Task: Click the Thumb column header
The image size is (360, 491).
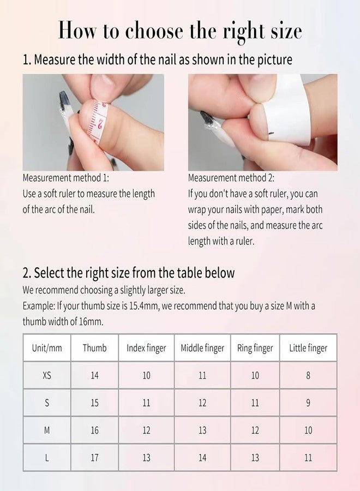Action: tap(94, 348)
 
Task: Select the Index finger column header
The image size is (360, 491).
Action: tap(146, 348)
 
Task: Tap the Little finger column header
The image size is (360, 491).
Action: tap(308, 348)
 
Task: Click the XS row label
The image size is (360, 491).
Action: tap(47, 375)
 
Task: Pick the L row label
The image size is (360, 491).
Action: tap(47, 458)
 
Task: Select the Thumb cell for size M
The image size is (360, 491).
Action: tap(94, 430)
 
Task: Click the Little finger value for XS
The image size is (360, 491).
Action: tap(308, 375)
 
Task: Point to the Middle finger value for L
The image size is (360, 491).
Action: tap(202, 458)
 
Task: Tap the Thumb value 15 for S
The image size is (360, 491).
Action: tap(94, 403)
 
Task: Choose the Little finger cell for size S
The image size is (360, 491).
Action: tap(308, 403)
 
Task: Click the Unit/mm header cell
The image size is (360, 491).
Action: tap(47, 348)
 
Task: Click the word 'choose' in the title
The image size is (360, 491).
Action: tap(154, 32)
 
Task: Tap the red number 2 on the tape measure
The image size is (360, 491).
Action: tap(100, 124)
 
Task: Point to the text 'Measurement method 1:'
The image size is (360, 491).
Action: tap(66, 178)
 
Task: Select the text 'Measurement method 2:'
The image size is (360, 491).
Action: tap(231, 178)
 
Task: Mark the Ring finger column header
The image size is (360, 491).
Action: tap(255, 348)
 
